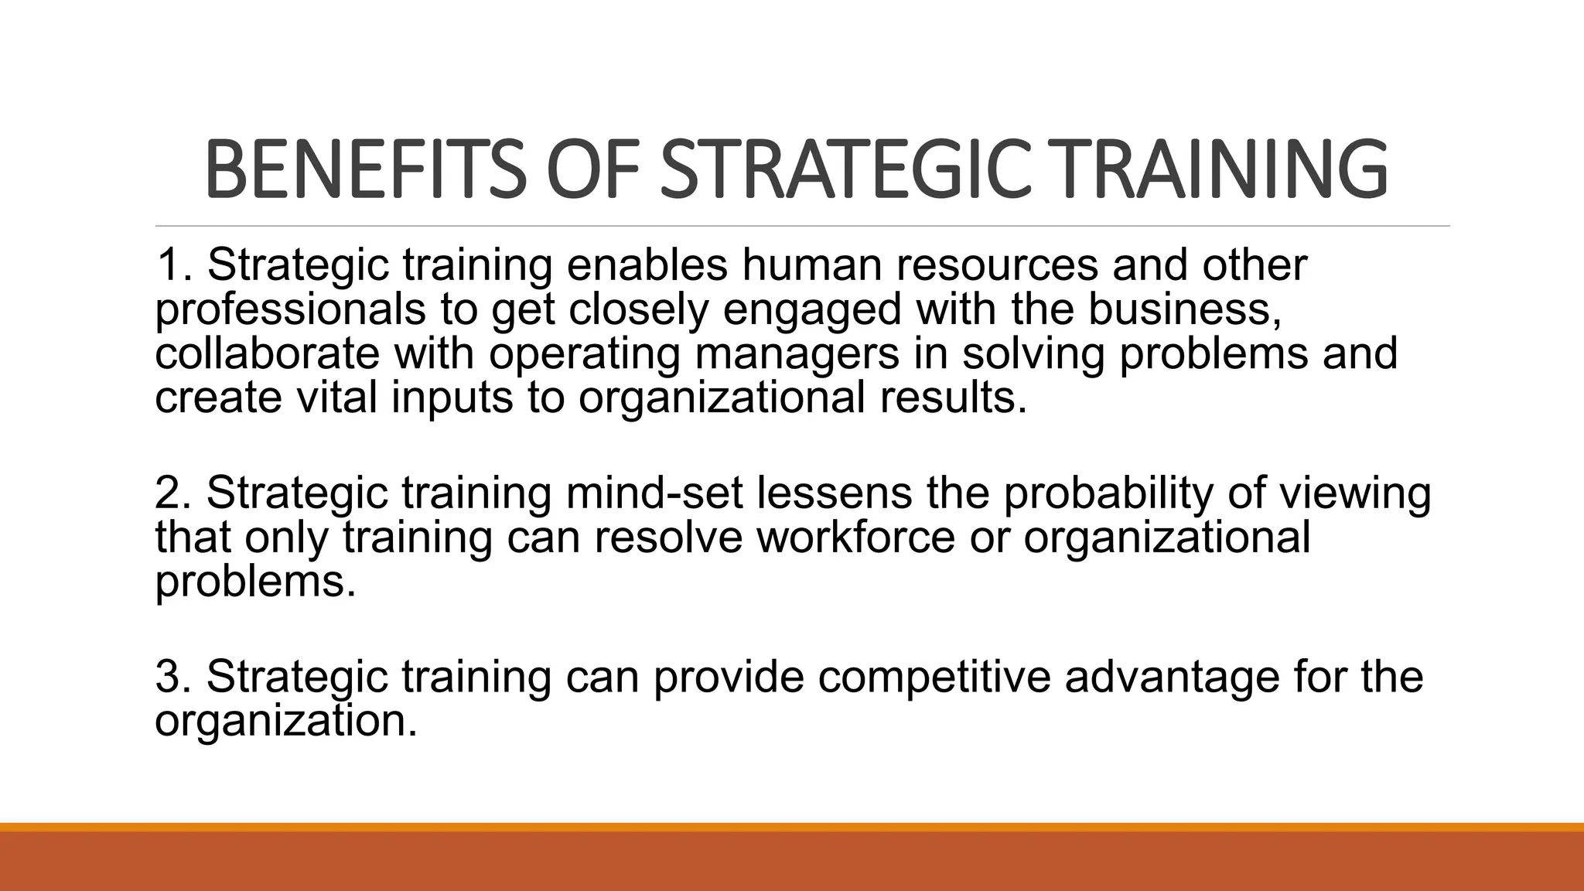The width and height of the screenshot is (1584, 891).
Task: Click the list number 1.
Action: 172,265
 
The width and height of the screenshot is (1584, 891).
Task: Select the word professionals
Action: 290,309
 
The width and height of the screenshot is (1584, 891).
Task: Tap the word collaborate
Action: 267,353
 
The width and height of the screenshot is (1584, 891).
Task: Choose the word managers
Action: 797,353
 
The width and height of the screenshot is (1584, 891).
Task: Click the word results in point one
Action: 953,398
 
